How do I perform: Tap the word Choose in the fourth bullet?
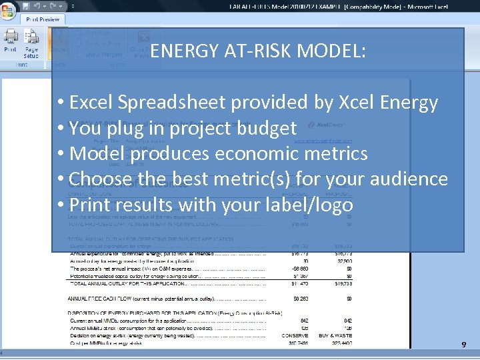pyautogui.click(x=99, y=179)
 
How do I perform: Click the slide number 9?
pyautogui.click(x=464, y=345)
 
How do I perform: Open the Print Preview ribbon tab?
pyautogui.click(x=43, y=19)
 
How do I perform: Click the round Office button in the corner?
pyautogui.click(x=9, y=8)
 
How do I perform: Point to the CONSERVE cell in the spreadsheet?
pyautogui.click(x=295, y=335)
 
